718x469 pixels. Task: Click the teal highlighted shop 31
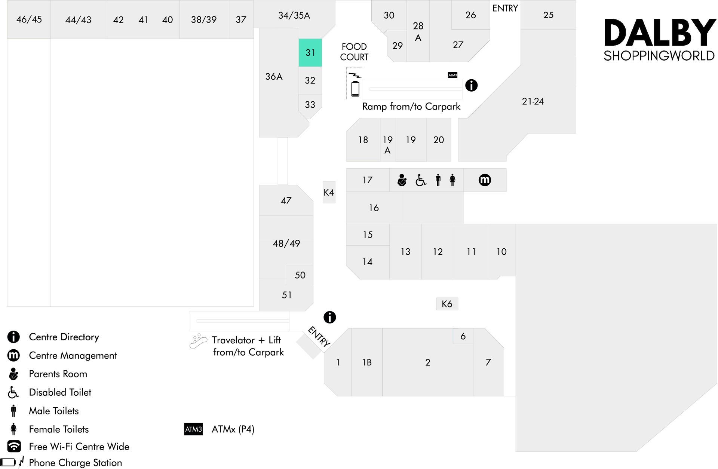pos(310,53)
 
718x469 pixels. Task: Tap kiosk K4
pos(329,192)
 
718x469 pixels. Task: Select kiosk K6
pos(447,304)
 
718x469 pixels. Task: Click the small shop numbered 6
pos(463,336)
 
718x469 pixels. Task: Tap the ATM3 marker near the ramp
pos(452,75)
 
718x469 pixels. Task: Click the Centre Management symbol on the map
pos(485,180)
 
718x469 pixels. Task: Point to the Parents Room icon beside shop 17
pos(402,180)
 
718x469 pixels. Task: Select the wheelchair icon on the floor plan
pos(421,180)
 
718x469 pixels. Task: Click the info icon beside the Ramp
pos(471,85)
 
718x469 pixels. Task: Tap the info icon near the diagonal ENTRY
pos(329,317)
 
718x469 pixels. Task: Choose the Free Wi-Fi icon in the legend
pos(14,446)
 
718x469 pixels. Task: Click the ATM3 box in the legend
pos(193,429)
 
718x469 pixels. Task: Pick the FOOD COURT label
pos(354,52)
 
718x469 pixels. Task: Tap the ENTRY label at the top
pos(505,8)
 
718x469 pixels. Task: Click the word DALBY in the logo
pos(660,33)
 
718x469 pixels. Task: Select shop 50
pos(300,275)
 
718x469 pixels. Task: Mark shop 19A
pos(388,145)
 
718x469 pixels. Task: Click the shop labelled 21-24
pos(533,101)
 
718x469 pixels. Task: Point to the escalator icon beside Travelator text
pos(198,341)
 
